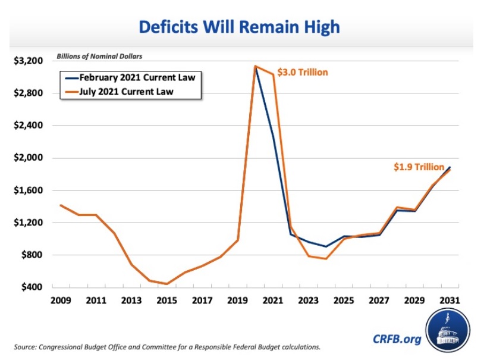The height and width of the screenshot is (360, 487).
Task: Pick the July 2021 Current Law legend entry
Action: [130, 92]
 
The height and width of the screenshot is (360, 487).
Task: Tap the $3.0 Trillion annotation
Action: [303, 73]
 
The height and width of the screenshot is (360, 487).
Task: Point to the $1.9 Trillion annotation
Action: [419, 167]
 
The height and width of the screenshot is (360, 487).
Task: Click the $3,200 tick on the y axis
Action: [28, 61]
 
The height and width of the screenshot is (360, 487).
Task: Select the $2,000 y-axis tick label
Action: [28, 158]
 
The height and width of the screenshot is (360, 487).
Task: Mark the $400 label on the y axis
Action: [31, 287]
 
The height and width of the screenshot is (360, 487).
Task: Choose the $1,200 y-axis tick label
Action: [28, 223]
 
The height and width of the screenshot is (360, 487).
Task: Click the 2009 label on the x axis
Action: [61, 301]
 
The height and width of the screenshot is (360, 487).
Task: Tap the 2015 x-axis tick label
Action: [166, 301]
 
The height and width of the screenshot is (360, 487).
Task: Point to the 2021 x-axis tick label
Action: [274, 301]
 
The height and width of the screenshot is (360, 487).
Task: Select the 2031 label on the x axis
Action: [450, 301]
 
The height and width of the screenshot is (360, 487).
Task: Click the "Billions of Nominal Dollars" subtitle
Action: [99, 57]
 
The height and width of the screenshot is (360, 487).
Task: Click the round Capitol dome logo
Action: [447, 331]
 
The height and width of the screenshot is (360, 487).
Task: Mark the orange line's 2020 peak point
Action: [255, 66]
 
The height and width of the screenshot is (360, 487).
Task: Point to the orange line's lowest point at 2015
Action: [167, 284]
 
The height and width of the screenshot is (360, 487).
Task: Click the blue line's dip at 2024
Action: [326, 246]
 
